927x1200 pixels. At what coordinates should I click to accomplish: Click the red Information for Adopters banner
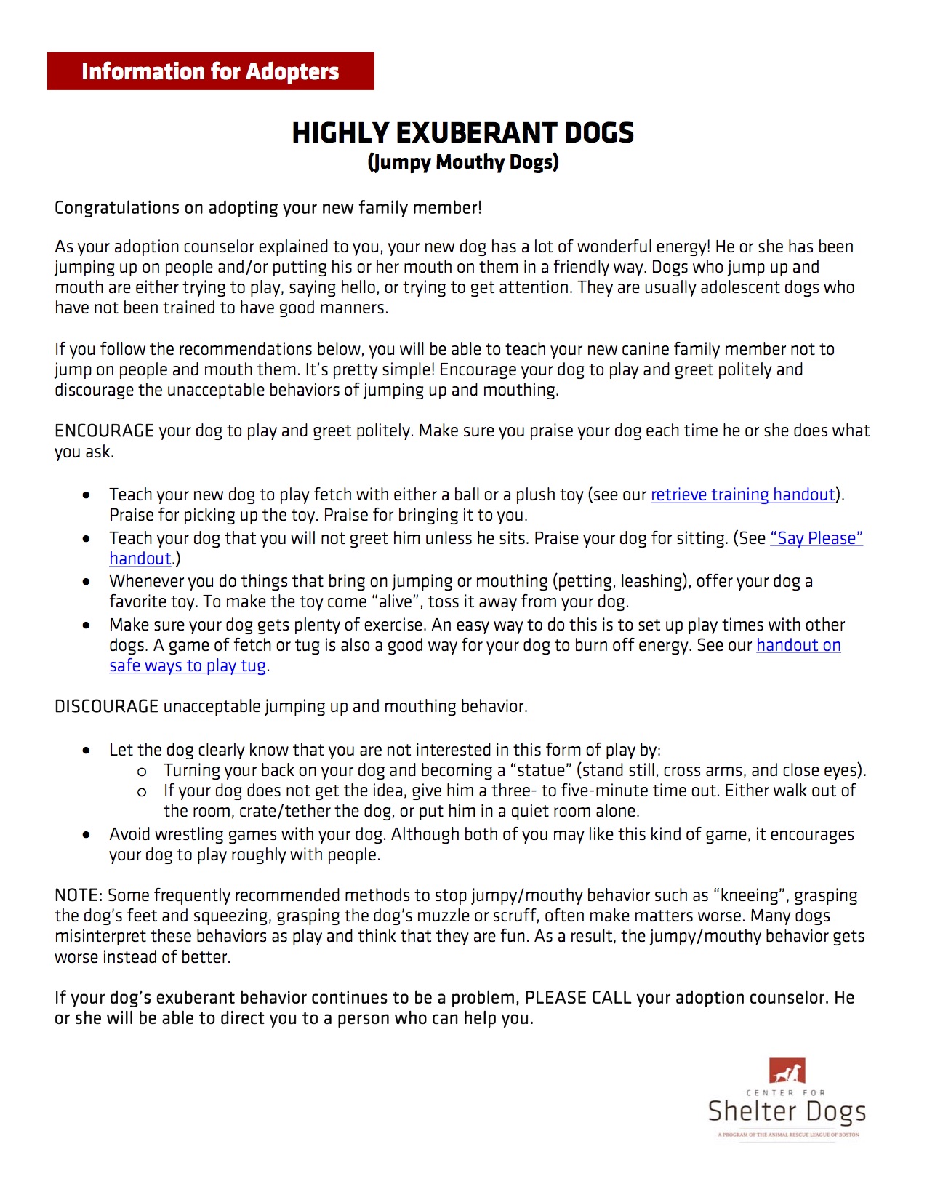point(210,71)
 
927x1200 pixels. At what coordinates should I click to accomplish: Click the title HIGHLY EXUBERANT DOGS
point(462,133)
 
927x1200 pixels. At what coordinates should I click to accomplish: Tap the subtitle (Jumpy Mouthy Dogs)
point(462,162)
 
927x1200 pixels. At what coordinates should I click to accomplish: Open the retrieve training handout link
point(742,495)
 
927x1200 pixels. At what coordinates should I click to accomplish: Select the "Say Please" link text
point(816,539)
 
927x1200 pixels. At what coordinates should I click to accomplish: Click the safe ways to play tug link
point(188,666)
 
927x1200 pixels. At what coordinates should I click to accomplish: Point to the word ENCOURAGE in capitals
point(104,431)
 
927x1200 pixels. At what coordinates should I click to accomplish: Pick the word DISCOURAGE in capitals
point(106,707)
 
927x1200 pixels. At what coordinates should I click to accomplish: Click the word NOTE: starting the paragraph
point(79,896)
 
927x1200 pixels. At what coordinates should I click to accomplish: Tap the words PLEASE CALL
point(577,998)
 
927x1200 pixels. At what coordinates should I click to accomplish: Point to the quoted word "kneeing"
point(749,896)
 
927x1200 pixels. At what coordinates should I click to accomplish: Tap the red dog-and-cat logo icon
point(787,1071)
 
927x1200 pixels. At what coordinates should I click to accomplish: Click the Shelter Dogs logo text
point(787,1112)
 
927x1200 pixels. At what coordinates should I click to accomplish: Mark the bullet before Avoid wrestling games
point(87,835)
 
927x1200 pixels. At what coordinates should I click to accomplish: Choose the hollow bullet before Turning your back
point(142,772)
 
